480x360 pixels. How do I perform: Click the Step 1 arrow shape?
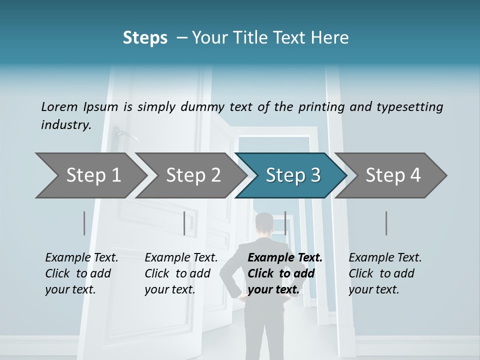click(x=90, y=175)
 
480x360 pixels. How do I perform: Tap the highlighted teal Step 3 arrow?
click(x=292, y=175)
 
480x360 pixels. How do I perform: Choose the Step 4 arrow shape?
click(x=393, y=175)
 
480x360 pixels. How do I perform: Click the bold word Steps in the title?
click(x=145, y=38)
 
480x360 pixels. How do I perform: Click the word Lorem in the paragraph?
click(x=59, y=106)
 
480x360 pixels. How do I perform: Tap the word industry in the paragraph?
click(x=66, y=125)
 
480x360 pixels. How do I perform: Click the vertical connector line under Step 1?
click(x=84, y=223)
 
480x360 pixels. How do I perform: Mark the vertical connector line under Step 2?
click(x=184, y=223)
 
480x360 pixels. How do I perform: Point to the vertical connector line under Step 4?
click(x=386, y=223)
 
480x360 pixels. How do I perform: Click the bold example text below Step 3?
click(x=284, y=273)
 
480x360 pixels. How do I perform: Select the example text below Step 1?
click(x=81, y=273)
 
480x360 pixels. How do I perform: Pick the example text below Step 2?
click(x=180, y=273)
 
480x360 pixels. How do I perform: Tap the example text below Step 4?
click(x=384, y=273)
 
